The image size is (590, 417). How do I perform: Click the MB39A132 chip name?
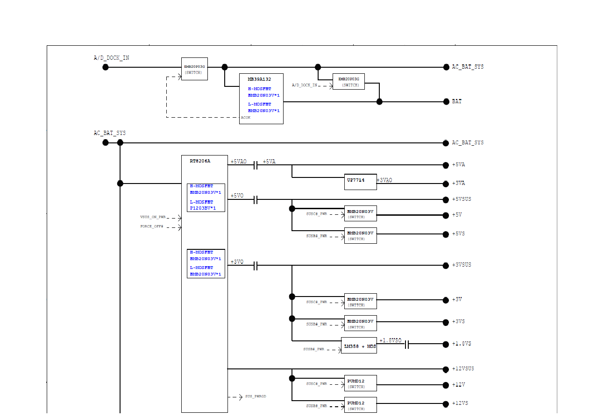259,79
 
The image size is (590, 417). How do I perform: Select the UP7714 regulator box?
360,182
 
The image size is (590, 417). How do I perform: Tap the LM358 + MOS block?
359,346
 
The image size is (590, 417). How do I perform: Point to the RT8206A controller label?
200,161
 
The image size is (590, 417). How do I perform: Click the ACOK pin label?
246,118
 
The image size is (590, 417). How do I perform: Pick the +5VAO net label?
238,162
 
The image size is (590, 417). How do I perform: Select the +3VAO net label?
384,180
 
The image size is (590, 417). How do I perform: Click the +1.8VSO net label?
391,340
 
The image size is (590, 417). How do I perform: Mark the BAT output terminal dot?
446,102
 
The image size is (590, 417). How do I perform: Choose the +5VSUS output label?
462,199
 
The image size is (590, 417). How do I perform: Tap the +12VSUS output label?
463,369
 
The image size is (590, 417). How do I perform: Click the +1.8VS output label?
462,344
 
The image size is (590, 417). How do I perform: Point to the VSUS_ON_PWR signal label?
153,217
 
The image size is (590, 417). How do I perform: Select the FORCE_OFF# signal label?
152,226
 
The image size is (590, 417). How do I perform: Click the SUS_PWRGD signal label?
256,396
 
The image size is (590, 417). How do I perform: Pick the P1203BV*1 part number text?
203,208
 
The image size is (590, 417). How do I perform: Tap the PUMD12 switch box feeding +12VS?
361,405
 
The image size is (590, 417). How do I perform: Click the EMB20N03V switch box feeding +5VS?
361,235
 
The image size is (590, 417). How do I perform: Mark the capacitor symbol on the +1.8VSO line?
407,345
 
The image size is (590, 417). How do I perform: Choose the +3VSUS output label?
462,265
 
